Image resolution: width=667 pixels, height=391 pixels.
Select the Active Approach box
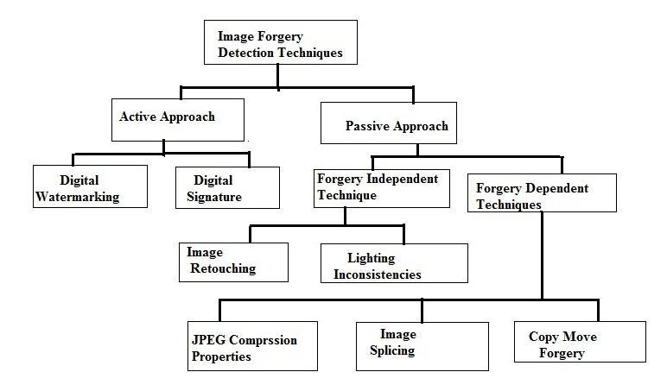177,119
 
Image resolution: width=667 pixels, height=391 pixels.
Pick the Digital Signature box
227,187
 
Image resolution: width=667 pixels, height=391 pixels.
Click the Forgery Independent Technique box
380,187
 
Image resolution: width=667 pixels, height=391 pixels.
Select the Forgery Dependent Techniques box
542,193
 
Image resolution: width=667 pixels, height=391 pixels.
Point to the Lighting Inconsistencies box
393,263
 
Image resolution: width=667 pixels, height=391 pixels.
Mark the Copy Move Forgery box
580,342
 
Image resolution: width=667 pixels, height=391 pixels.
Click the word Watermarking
77,197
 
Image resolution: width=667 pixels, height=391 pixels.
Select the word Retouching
221,268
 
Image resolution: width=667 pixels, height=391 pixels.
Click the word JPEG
207,340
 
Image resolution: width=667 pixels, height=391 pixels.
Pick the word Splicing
393,350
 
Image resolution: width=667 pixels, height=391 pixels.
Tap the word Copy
543,336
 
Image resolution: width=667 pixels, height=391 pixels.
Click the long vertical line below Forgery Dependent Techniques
542,255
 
